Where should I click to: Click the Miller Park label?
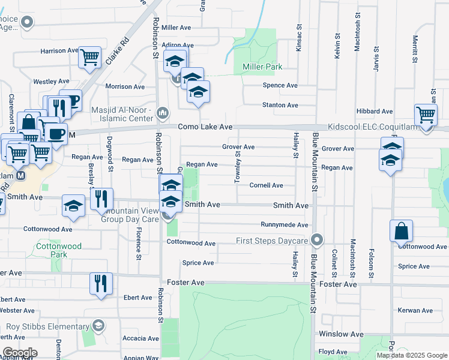(262, 67)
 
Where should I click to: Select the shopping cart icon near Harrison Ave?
(89, 58)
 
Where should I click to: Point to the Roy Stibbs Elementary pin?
(99, 326)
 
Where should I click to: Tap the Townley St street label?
(238, 167)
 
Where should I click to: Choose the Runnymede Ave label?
(284, 225)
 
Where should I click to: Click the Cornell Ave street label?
(266, 185)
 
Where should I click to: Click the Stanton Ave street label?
(280, 105)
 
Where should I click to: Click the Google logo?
(19, 353)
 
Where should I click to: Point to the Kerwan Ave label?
(415, 310)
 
